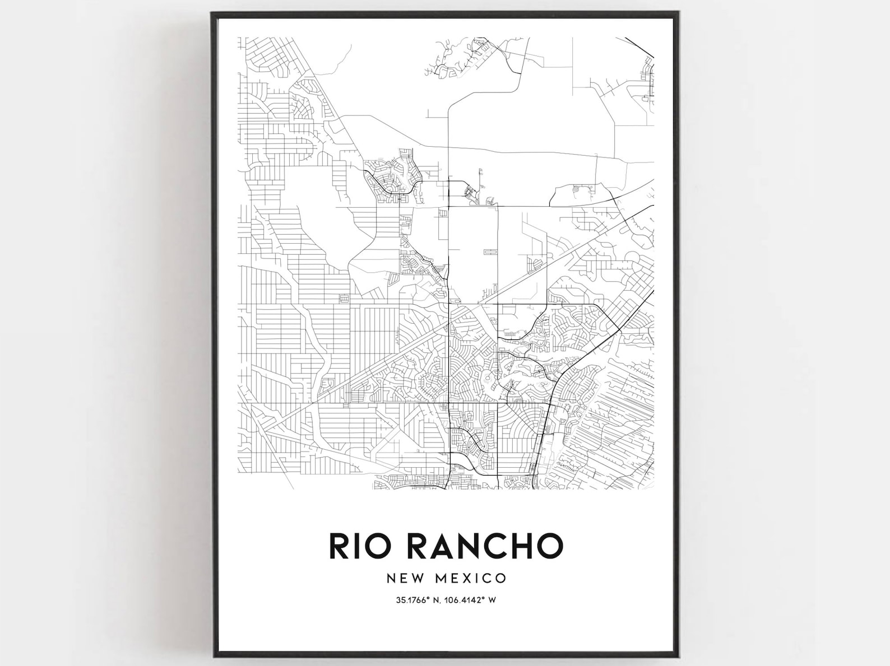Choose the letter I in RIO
pyautogui.click(x=355, y=546)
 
